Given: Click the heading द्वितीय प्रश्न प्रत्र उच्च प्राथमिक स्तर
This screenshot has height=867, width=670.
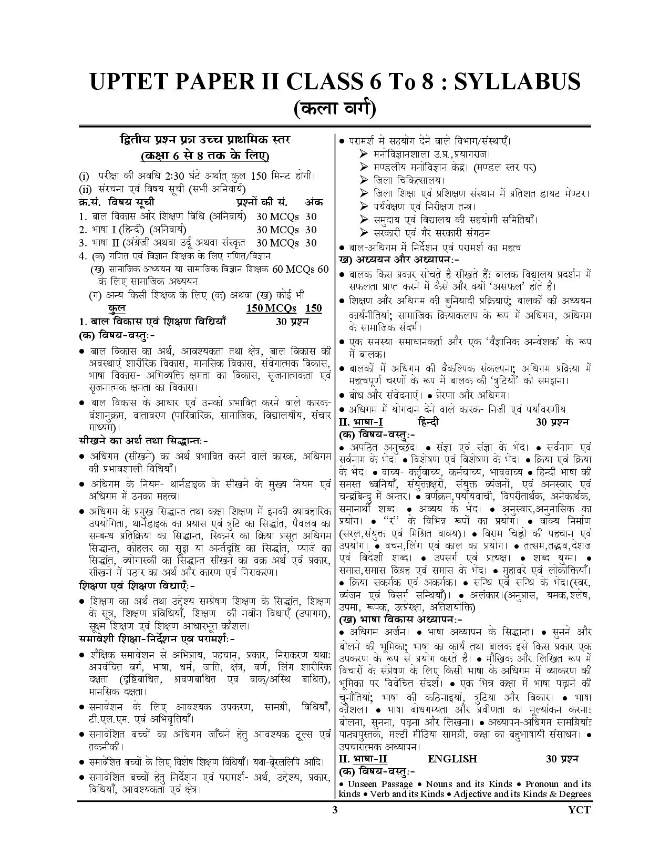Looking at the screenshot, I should (205, 140).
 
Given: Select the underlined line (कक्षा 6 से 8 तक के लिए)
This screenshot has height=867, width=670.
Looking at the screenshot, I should (205, 156).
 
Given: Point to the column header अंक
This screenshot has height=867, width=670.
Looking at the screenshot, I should (314, 202).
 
